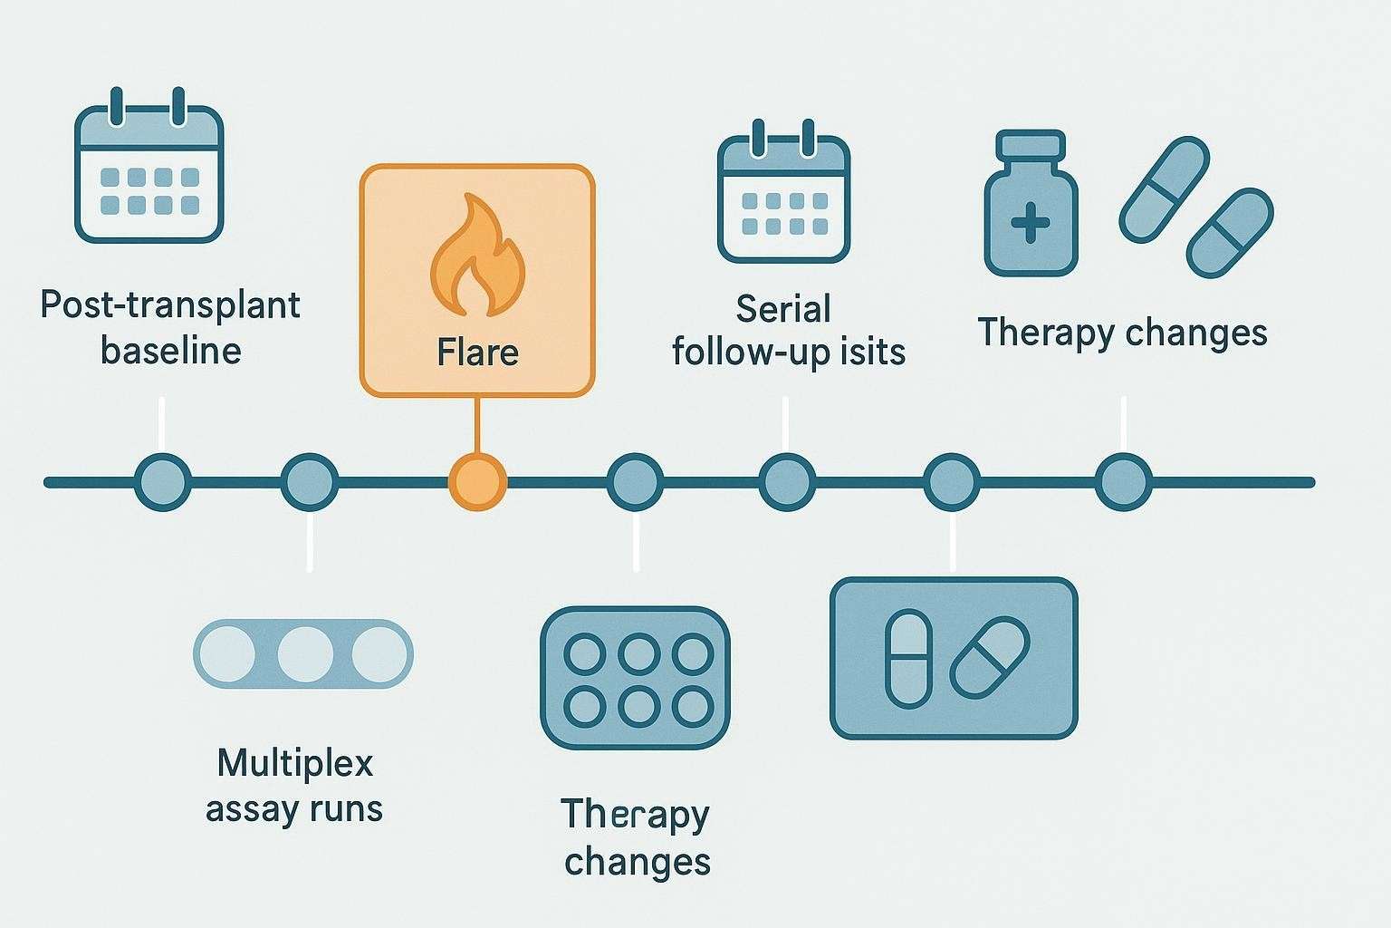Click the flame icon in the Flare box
point(476,258)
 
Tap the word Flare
point(477,352)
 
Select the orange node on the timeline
point(477,482)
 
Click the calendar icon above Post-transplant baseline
point(149,167)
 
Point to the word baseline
point(170,351)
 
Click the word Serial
point(782,309)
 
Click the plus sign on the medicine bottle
point(1031,223)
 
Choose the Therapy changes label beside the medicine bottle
point(1122,332)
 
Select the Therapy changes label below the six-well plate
point(637,836)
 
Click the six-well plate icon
point(635,677)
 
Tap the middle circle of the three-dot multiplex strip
point(304,653)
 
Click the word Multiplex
point(295,763)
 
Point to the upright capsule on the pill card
point(908,659)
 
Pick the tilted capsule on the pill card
point(989,658)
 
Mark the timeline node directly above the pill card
point(951,482)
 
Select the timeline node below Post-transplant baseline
point(163,482)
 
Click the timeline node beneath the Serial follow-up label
point(786,482)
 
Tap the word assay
point(247,809)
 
